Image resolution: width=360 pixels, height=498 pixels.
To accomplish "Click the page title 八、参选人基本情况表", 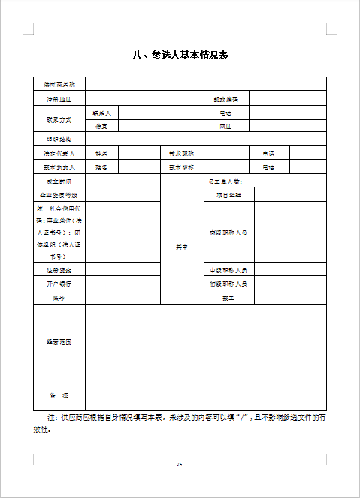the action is (x=180, y=56).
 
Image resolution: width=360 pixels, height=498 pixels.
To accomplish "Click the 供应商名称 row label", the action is (x=59, y=84).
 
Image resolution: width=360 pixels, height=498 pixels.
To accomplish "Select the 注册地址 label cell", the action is (x=59, y=99).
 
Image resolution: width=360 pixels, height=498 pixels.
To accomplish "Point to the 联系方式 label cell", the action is (x=59, y=120).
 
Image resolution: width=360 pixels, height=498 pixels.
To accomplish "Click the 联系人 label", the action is (x=101, y=112).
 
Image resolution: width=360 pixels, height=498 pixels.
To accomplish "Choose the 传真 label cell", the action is (x=101, y=126).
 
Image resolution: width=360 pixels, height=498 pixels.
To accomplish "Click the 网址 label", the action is (x=225, y=126).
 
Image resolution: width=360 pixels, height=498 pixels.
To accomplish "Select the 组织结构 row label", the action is (x=59, y=140).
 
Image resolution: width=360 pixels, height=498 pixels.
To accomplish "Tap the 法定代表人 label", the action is (x=59, y=153).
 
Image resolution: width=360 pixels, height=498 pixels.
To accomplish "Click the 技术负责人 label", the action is (x=59, y=167).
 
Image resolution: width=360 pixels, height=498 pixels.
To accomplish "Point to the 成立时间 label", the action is (x=59, y=181).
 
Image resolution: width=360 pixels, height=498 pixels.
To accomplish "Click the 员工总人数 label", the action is (x=225, y=181).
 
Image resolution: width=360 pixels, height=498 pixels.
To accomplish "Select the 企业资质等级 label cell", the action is (x=59, y=195).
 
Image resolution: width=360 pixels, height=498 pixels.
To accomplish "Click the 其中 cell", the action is (x=182, y=246).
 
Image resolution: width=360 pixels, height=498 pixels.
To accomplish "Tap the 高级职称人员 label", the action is (x=228, y=232).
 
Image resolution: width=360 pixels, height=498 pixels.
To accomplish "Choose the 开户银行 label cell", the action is (x=59, y=284).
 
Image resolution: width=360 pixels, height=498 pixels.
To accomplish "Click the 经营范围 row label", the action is (x=59, y=342).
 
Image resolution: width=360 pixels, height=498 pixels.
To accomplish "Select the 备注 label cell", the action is (x=59, y=394).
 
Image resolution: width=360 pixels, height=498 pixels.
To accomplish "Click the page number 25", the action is (x=180, y=464).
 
